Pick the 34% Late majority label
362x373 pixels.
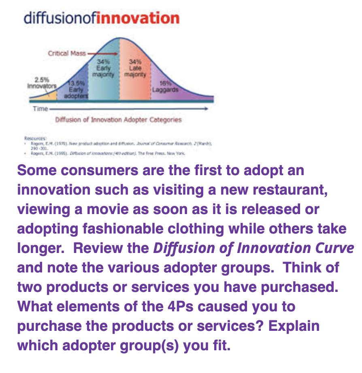tap(136, 69)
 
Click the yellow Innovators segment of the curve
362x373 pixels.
tap(50, 96)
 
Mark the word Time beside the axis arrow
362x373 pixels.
tap(40, 109)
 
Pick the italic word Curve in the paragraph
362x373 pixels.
tap(333, 248)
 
